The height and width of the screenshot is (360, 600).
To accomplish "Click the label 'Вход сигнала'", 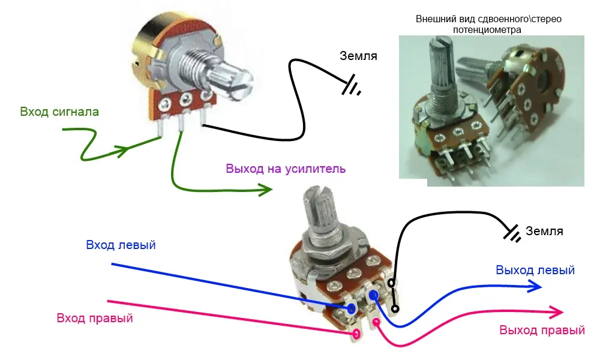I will pos(59,112).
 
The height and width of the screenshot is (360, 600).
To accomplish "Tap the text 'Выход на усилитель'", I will pos(286,169).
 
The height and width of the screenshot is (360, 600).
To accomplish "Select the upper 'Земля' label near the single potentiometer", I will pos(358,56).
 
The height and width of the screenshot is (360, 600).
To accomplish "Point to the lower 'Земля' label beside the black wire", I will pos(544,231).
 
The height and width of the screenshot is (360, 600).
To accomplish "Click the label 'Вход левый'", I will pos(121,245).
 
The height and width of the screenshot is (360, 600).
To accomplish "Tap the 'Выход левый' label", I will pos(535,270).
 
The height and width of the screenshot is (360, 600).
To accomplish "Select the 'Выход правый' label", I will pos(542,330).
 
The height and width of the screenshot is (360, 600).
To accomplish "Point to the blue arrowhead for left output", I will pos(535,287).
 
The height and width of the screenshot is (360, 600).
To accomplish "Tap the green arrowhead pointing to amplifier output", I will pos(265,191).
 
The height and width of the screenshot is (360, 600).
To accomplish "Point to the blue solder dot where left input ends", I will pos(350,308).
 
